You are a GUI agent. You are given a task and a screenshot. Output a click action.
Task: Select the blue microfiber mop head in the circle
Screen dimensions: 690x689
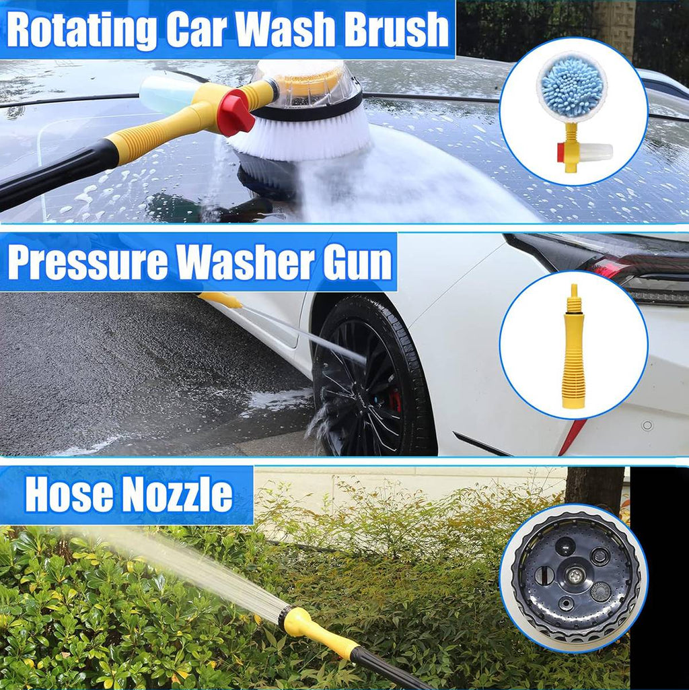pos(572,85)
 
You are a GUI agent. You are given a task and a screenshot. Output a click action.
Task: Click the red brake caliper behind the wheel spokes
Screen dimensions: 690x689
pos(395,401)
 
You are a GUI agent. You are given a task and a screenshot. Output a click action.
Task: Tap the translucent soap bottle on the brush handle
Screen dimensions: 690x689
pos(165,94)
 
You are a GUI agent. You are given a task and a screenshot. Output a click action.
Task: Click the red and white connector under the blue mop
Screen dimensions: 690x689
pos(583,153)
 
